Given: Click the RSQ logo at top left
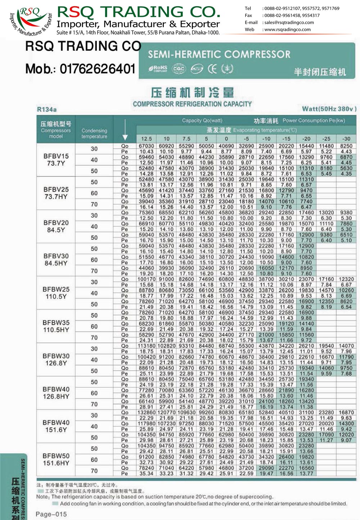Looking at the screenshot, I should [x=31, y=21].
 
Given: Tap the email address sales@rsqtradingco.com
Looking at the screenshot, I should [x=289, y=22].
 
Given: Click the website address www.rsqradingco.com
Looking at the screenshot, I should [x=287, y=30].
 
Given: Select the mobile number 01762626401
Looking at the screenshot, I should [x=98, y=69].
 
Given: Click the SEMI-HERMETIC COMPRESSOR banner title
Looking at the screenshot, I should [x=219, y=54].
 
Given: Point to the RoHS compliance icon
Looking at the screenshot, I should [x=158, y=68].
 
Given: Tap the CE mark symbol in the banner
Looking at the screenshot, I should [x=212, y=68].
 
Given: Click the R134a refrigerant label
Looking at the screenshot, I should [x=47, y=109].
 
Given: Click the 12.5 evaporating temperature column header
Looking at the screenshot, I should [x=146, y=139].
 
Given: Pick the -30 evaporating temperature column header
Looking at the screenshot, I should [x=346, y=139].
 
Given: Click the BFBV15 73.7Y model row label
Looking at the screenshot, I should [x=56, y=160].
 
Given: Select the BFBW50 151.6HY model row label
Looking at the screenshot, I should [x=56, y=460].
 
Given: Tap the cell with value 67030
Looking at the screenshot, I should [x=146, y=146].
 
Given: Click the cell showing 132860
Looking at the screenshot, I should [x=146, y=412].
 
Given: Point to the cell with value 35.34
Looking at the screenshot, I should [x=146, y=474].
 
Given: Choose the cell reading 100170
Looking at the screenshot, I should [x=146, y=279].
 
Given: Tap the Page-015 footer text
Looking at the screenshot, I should [x=51, y=514].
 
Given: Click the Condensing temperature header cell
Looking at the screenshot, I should [x=94, y=133].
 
